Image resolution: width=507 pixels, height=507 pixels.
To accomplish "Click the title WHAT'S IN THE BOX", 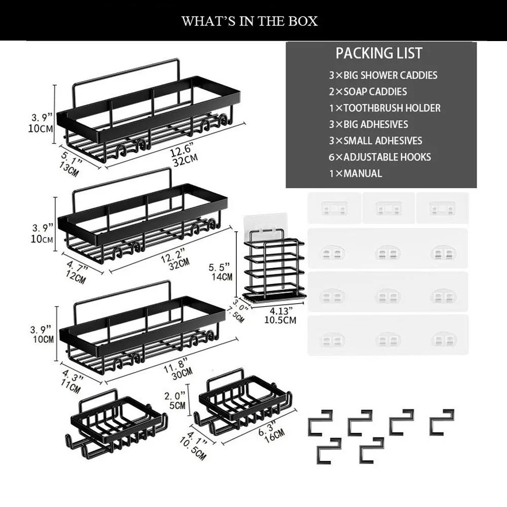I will click(249, 21).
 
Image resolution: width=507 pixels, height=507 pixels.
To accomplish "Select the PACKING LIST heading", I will click(379, 53).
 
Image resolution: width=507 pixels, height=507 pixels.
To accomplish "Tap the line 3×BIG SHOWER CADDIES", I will click(383, 75).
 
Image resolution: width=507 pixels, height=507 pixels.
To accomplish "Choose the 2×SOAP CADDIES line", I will click(368, 92).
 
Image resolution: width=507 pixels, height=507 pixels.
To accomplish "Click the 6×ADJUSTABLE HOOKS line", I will click(380, 157).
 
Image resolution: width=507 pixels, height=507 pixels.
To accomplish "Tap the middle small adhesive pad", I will click(389, 208).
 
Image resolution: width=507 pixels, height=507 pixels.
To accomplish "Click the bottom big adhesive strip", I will click(388, 335).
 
